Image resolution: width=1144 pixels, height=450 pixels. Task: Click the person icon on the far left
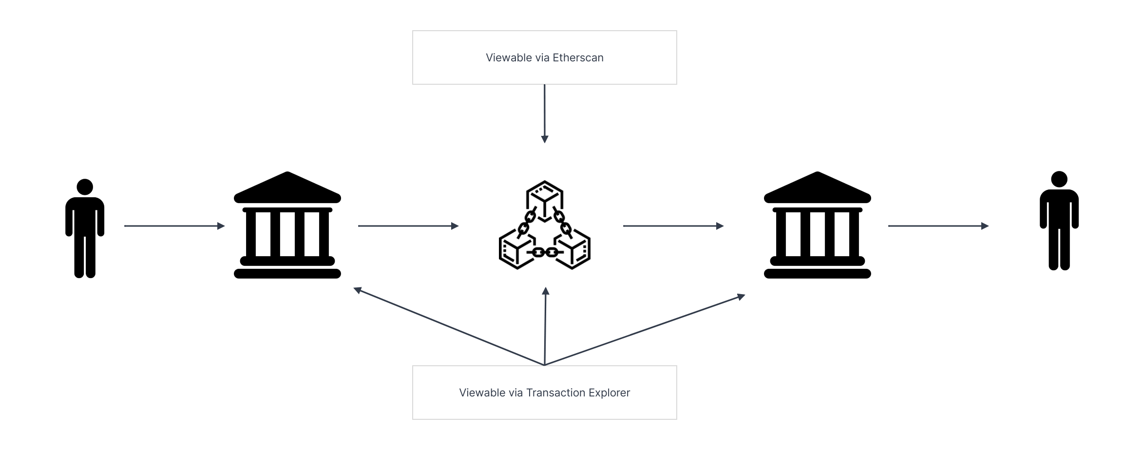85,229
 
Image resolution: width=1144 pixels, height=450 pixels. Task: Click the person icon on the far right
1059,221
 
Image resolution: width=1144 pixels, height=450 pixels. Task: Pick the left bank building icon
287,225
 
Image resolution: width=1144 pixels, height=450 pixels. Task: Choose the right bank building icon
817,225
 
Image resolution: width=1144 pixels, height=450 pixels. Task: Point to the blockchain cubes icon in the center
545,225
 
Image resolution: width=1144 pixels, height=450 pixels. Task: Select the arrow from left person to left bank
174,226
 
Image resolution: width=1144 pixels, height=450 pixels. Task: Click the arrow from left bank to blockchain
408,226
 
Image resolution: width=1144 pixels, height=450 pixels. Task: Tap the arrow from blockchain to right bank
673,226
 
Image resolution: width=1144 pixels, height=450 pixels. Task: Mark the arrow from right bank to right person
938,226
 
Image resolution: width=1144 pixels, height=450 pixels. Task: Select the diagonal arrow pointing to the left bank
448,326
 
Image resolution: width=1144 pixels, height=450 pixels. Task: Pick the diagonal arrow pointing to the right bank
643,331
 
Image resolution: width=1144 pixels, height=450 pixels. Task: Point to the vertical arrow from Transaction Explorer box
545,326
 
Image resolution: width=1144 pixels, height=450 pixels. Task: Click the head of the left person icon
85,187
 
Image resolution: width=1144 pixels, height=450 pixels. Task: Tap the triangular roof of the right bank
817,187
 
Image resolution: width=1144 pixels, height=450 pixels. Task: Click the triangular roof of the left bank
287,187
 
